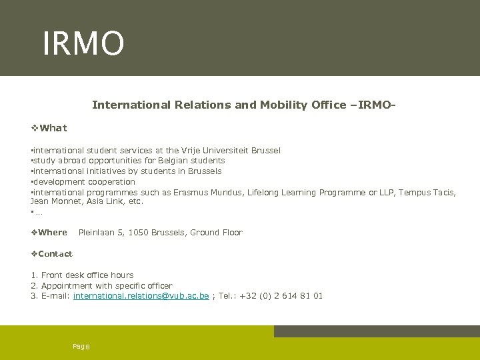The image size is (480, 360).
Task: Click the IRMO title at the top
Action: point(83,43)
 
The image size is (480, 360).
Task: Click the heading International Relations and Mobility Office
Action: point(245,105)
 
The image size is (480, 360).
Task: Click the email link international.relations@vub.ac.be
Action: point(141,296)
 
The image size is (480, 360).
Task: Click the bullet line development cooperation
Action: point(84,182)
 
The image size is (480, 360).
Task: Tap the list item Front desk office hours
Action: point(87,275)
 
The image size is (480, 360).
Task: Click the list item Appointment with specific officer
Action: point(106,286)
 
